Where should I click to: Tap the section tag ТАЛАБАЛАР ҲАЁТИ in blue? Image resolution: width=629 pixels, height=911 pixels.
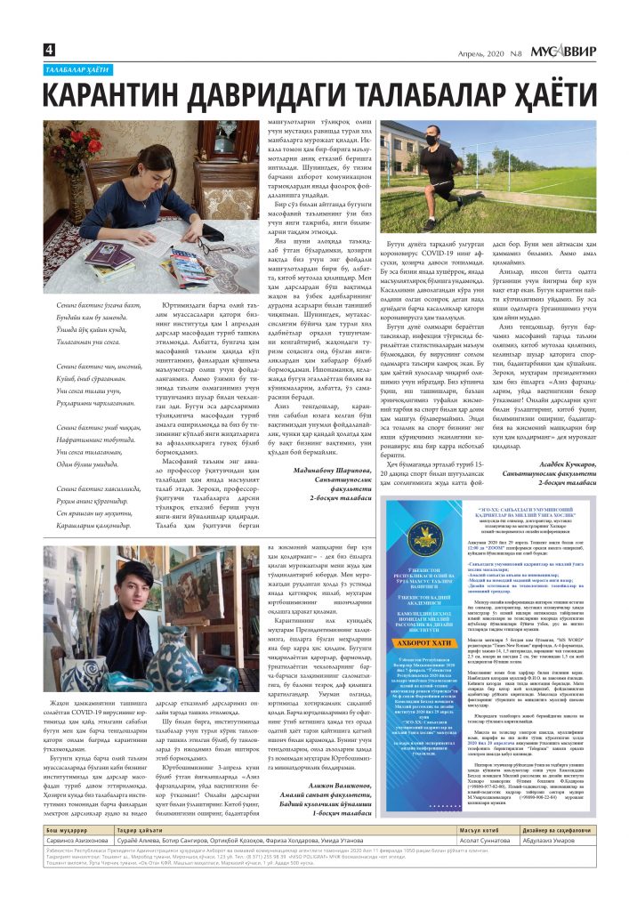point(80,69)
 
